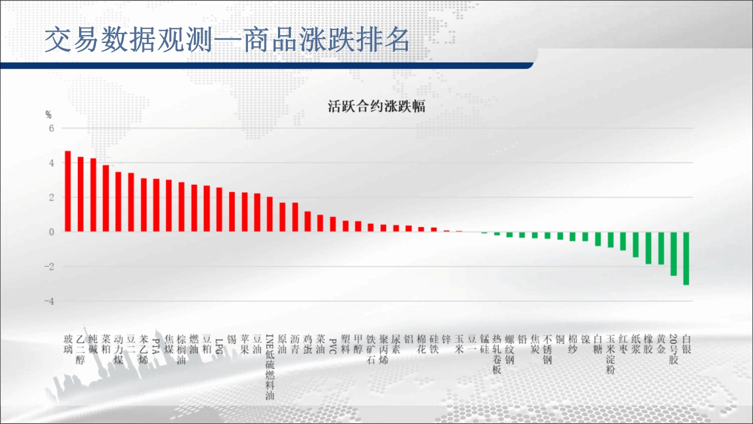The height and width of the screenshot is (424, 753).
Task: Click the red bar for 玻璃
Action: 68,191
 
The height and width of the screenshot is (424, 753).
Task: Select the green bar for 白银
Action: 686,258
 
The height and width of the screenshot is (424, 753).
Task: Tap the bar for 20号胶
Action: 674,254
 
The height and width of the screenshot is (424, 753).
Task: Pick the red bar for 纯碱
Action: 93,195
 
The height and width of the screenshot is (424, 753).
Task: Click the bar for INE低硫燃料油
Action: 269,214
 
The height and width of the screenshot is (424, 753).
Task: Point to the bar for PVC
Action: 333,224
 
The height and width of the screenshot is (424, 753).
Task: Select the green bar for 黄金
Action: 661,248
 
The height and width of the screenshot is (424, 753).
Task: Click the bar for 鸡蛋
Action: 308,222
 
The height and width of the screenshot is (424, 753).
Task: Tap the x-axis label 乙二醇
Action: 80,349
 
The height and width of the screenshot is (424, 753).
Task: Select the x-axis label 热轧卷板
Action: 497,354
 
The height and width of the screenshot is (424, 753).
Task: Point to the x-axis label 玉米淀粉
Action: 611,354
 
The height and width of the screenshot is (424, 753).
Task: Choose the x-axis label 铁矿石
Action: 371,349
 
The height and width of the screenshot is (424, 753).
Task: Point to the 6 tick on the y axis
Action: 51,128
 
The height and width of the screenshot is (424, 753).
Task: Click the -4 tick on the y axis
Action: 49,301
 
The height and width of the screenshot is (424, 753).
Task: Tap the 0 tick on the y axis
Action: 51,232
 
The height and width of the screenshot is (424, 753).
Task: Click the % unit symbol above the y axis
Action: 49,115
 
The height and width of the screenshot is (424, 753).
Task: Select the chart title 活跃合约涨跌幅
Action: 376,106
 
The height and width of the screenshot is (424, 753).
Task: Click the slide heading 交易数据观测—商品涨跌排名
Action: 227,40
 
